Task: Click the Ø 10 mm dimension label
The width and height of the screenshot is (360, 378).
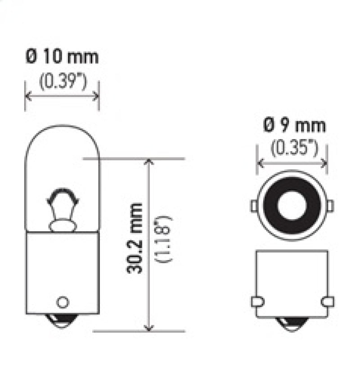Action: coord(62,57)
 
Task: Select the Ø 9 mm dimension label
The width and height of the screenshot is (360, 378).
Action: coord(294,126)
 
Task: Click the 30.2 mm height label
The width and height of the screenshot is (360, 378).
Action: coord(135,238)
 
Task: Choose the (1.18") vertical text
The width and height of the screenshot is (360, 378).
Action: coord(162,239)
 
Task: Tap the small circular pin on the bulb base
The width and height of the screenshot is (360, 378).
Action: coord(63,301)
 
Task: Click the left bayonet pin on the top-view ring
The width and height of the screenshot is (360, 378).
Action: coord(254,206)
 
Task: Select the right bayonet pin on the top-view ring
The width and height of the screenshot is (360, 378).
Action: coord(330,206)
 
